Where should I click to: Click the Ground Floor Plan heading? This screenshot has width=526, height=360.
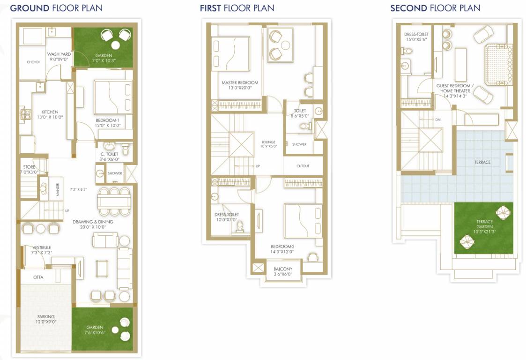56,7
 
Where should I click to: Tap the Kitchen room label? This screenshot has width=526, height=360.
50,114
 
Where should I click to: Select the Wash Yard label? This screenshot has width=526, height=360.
59,56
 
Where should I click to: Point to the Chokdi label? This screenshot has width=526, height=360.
33,62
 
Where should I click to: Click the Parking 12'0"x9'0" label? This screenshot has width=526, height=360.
46,319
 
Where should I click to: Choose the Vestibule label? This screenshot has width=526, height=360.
42,250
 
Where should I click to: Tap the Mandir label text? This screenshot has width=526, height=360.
57,189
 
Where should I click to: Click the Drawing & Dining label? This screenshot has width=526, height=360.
93,225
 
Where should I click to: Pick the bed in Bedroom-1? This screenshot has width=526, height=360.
113,97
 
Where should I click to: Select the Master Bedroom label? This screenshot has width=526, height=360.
240,85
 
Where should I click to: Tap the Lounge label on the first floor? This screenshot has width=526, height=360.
269,144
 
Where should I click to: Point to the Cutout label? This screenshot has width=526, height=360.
303,166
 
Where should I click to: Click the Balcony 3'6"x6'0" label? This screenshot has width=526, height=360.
283,271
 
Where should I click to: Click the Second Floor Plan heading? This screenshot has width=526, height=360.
436,7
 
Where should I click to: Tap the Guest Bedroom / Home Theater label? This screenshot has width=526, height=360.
455,90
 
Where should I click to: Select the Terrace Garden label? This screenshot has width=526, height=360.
484,227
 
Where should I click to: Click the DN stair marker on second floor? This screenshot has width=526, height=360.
438,120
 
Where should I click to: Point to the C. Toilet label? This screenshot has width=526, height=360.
109,157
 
